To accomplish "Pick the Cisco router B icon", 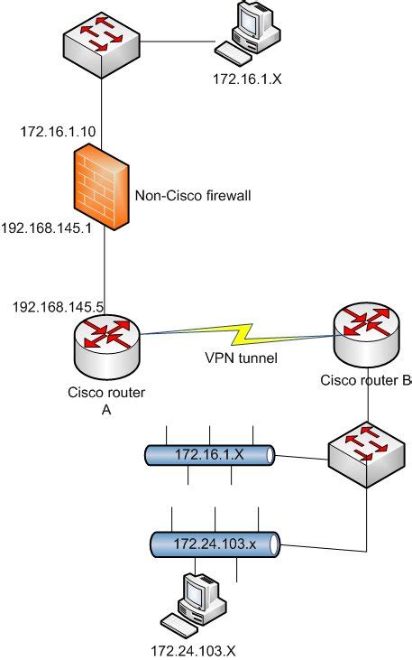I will coord(366,332).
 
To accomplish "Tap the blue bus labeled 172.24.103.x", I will coord(214,544).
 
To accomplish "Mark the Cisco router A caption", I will coord(106,399).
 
